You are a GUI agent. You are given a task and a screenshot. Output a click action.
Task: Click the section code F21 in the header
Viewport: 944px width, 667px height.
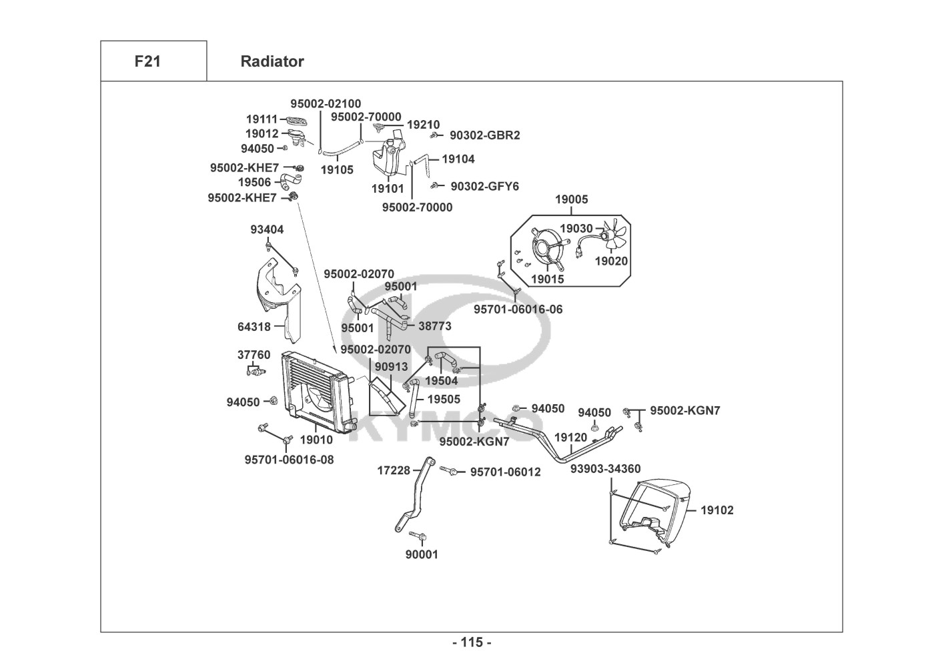click(147, 61)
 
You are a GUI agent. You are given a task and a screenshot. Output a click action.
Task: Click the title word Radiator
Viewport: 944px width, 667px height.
click(272, 61)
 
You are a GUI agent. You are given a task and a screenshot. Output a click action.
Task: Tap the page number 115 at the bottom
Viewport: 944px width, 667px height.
click(472, 642)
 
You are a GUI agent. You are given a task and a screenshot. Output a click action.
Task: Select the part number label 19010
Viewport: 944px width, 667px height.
click(316, 440)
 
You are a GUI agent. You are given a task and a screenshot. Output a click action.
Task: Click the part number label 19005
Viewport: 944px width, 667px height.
click(572, 199)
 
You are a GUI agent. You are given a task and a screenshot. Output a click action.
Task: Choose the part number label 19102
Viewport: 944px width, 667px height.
click(717, 510)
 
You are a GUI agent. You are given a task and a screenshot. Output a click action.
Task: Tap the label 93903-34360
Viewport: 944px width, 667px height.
click(605, 469)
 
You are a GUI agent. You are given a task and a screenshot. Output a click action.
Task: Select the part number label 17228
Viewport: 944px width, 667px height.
click(394, 470)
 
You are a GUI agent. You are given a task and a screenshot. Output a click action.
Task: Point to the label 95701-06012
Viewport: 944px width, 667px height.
click(505, 472)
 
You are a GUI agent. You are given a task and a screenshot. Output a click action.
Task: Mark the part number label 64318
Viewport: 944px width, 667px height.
click(254, 327)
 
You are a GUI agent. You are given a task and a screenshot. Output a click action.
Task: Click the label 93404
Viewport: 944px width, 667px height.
click(267, 229)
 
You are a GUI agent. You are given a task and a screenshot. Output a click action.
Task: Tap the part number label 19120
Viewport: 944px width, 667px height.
click(570, 438)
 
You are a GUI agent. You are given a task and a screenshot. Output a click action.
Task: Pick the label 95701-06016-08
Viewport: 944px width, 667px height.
click(289, 460)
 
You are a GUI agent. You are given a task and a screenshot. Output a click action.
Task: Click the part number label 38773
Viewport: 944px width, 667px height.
click(434, 326)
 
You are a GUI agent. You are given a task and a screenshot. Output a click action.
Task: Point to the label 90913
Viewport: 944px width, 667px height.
click(391, 367)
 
